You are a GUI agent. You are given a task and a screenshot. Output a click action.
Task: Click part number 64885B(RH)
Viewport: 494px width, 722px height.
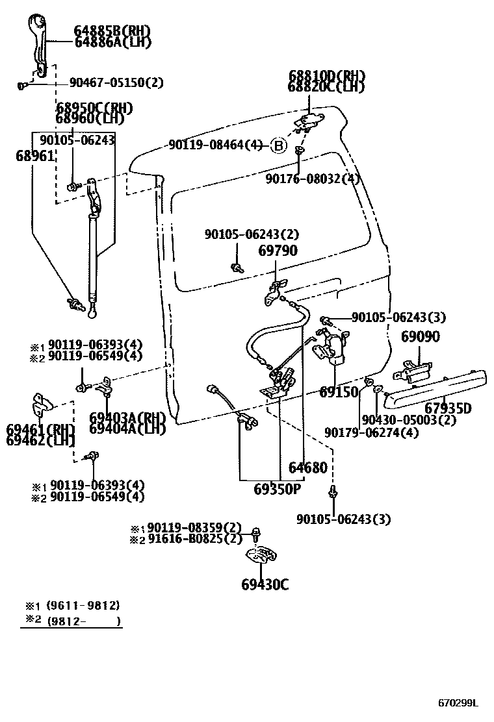tap(112, 31)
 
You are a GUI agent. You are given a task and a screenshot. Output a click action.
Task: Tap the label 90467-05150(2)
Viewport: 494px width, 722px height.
tap(116, 83)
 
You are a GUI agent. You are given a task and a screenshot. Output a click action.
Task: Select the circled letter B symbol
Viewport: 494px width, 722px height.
tap(278, 145)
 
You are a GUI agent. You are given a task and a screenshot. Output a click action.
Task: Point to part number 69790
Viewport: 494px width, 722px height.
tap(278, 251)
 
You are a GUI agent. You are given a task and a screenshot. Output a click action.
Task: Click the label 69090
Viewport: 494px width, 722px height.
tap(420, 336)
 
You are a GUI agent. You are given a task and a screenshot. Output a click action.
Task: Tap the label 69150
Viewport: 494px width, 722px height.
tap(339, 392)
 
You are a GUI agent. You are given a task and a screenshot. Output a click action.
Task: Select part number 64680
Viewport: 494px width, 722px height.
tap(308, 467)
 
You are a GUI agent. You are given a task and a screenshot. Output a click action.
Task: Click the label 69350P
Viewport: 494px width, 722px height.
tap(278, 489)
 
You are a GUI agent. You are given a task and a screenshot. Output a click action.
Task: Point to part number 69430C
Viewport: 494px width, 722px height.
tap(265, 584)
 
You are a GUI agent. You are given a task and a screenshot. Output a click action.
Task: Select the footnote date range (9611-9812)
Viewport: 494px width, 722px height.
tap(82, 605)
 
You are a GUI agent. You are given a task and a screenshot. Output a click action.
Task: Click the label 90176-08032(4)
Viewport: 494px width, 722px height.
tap(312, 179)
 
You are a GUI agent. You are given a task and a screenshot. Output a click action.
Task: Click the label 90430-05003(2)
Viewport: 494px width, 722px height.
tap(409, 419)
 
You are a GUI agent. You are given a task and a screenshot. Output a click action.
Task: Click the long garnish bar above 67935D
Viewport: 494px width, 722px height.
tap(435, 388)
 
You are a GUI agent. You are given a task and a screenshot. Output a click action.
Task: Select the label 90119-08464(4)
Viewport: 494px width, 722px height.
tap(215, 145)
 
